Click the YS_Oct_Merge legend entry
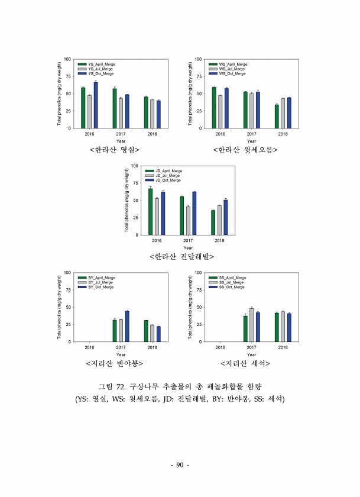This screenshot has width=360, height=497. (x=98, y=74)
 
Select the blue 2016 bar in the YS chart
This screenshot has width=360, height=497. (x=95, y=105)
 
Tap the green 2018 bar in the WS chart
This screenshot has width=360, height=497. (x=277, y=117)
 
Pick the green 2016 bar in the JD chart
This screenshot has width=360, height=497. (x=150, y=212)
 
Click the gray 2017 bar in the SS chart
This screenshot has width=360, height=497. (x=252, y=325)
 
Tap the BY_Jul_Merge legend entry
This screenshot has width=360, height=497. (x=98, y=282)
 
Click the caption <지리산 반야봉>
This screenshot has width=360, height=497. (x=114, y=363)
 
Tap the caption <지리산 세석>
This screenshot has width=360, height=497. (x=245, y=363)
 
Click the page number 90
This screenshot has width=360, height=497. (x=180, y=465)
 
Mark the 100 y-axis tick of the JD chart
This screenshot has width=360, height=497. (x=135, y=166)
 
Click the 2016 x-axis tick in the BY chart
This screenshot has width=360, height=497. (x=89, y=347)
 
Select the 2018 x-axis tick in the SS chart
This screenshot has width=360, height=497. (x=283, y=347)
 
